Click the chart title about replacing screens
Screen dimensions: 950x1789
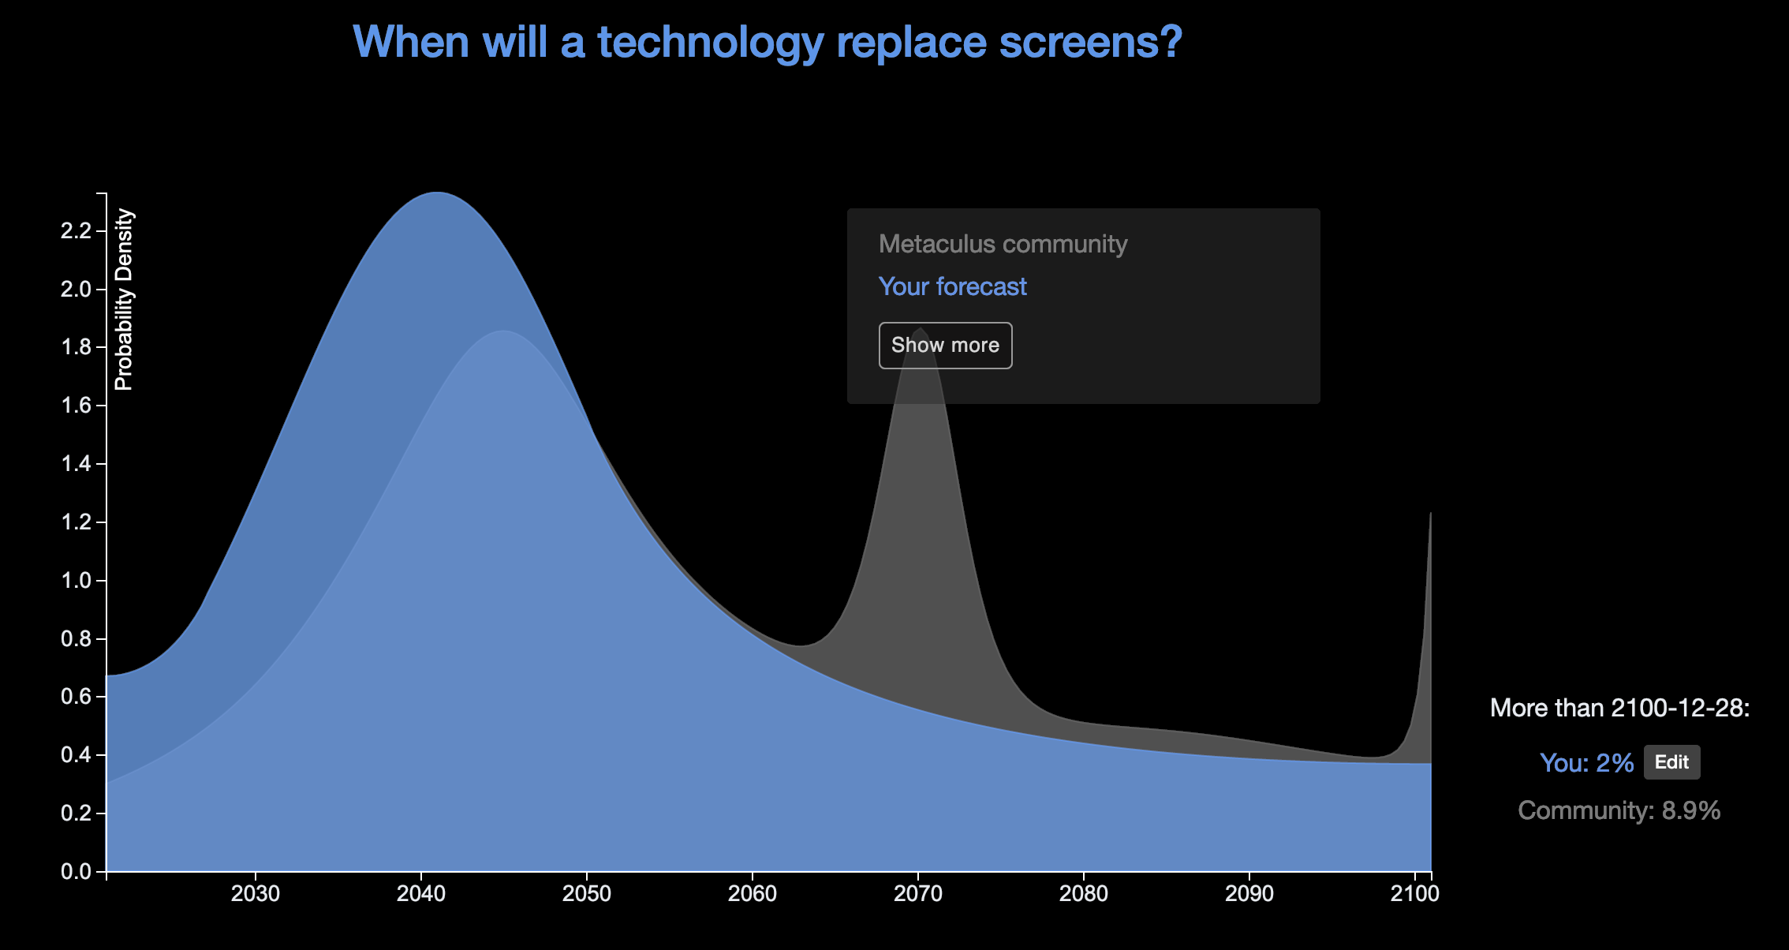(767, 42)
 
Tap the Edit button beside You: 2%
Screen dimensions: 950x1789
(1671, 762)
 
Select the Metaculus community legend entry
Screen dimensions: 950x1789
(1003, 244)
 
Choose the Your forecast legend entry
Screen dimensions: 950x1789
(952, 286)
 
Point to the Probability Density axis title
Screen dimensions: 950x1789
(125, 300)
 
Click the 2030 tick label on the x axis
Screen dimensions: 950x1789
(256, 894)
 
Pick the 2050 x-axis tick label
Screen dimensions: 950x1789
(587, 894)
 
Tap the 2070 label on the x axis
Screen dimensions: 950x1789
(918, 894)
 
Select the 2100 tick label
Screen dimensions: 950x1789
(1414, 894)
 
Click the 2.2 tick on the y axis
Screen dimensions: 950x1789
(76, 230)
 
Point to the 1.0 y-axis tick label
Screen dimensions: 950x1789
(76, 581)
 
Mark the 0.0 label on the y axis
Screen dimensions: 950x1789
(76, 872)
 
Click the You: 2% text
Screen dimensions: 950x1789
(1586, 763)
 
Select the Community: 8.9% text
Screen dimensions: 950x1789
(1619, 810)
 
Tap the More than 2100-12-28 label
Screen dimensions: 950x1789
(1619, 708)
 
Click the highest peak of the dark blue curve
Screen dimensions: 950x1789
(437, 193)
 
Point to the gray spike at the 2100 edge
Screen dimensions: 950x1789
(1429, 521)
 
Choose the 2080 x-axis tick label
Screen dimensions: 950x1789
(1084, 894)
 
